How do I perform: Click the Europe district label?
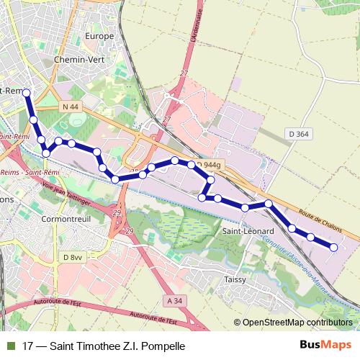coord(100,36)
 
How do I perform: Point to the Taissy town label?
coord(235,279)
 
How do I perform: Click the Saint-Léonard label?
coord(246,230)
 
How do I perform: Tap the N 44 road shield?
coord(69,107)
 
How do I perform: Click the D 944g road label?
coord(209,166)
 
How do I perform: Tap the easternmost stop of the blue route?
coord(334,248)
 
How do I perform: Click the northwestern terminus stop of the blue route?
coord(27,93)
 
